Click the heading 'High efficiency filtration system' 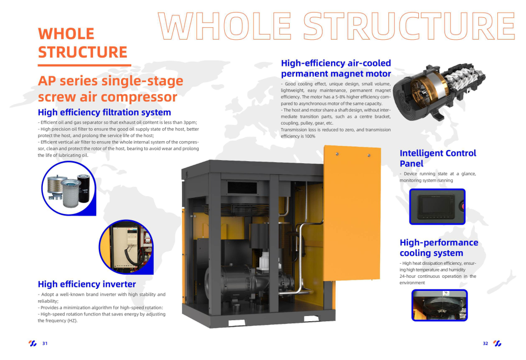(104, 112)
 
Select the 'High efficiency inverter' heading (87, 284)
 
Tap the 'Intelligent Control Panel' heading (438, 158)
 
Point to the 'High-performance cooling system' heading (439, 248)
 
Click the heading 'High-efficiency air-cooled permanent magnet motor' (336, 69)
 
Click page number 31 (45, 343)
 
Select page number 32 (485, 343)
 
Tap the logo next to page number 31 (32, 343)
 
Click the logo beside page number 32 (497, 343)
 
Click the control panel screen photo (437, 206)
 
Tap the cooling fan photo (439, 305)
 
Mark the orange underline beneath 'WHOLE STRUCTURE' (84, 65)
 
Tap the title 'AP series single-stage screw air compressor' (110, 89)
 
